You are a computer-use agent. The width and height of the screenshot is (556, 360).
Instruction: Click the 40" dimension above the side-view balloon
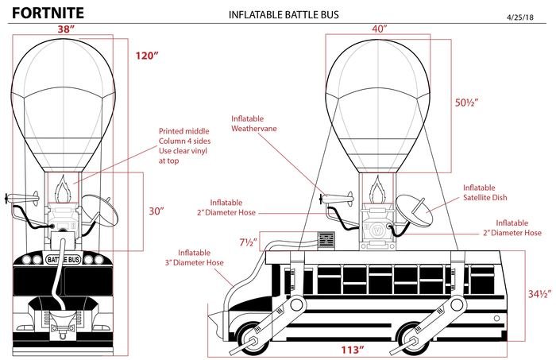pyautogui.click(x=379, y=28)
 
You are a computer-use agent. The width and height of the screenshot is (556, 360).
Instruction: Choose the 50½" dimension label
pyautogui.click(x=466, y=103)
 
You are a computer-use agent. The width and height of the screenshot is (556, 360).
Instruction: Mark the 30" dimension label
pyautogui.click(x=156, y=211)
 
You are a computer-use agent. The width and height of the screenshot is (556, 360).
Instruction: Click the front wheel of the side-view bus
pyautogui.click(x=253, y=337)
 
